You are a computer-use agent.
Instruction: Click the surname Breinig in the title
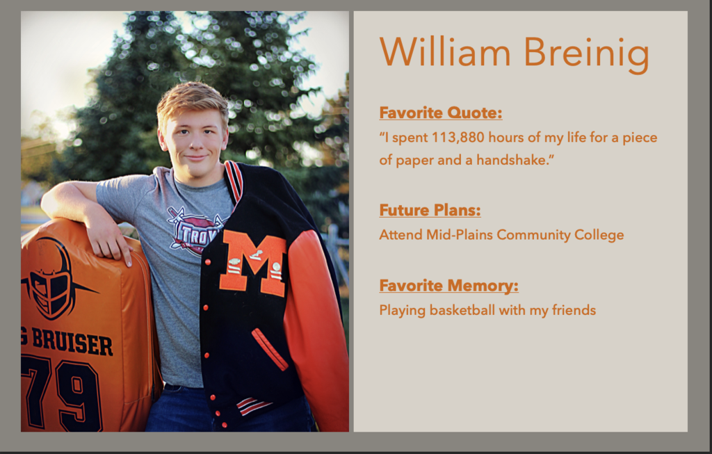[586, 54]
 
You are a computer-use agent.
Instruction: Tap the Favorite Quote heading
[440, 113]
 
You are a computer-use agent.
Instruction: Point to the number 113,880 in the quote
[458, 138]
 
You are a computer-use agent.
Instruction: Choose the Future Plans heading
[430, 210]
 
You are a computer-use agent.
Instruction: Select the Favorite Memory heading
[448, 286]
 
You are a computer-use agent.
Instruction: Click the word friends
[574, 310]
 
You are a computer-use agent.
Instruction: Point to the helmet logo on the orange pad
[52, 278]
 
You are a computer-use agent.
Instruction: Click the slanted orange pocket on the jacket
[270, 349]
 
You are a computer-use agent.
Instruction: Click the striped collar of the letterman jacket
[234, 181]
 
